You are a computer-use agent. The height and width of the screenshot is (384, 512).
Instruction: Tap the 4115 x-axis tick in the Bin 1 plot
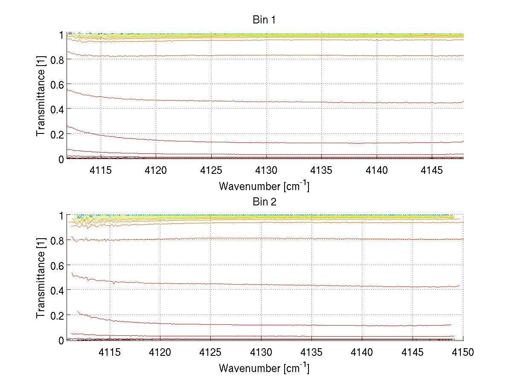point(101,170)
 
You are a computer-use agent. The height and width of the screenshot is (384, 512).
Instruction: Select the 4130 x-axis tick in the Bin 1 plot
point(266,170)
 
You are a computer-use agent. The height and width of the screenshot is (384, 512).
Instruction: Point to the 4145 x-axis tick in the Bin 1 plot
point(432,170)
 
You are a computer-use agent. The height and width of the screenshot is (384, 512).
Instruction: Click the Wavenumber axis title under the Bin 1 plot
point(264,186)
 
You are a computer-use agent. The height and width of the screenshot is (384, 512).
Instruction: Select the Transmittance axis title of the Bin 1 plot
point(41,96)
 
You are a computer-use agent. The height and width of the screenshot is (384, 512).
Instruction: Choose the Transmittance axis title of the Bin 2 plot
point(41,278)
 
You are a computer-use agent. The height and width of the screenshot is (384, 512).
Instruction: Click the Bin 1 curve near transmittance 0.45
point(299,102)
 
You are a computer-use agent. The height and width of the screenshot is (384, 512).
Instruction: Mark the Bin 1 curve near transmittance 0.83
point(299,55)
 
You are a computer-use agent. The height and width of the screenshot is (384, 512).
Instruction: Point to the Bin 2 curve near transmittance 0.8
point(299,238)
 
